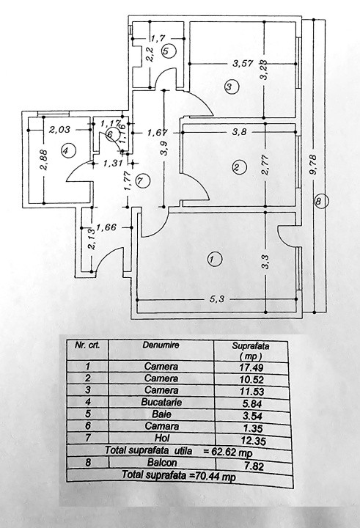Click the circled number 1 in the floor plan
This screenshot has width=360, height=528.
(215, 260)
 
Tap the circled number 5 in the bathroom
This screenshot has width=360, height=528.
(169, 51)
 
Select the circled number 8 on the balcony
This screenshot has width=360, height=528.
(319, 202)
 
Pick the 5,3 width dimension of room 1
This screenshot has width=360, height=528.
(217, 299)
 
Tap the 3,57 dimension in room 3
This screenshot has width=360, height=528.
(243, 63)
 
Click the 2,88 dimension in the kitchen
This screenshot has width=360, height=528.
(45, 160)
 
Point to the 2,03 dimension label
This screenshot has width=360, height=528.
(59, 129)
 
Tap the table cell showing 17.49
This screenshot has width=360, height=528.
(251, 367)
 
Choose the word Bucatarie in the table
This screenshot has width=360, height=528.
(161, 402)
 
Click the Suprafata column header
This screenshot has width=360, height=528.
(251, 346)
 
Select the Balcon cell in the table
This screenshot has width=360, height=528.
(162, 462)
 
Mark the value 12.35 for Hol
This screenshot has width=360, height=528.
(254, 441)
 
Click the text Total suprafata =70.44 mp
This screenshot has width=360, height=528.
(179, 475)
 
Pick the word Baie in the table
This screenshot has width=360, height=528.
(161, 414)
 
